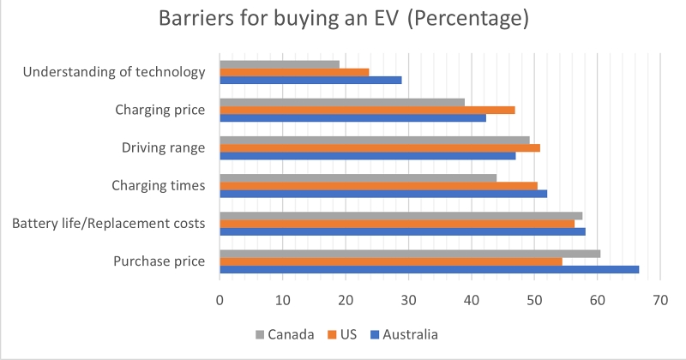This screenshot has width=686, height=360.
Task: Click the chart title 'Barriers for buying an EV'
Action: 343,20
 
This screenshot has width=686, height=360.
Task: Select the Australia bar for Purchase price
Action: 429,269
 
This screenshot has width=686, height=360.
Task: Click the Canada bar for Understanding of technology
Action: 280,64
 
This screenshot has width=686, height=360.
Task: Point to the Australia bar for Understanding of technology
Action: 310,80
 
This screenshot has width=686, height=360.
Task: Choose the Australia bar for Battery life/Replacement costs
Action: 402,231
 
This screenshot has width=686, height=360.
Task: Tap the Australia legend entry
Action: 403,334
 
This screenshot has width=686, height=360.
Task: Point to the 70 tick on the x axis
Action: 660,300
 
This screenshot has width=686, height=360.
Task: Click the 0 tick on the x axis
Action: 220,300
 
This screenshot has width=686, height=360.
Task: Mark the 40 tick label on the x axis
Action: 472,300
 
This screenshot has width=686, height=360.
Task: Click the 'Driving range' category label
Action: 163,147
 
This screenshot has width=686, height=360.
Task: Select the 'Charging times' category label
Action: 159,185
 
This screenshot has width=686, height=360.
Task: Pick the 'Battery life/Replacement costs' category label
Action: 108,224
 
